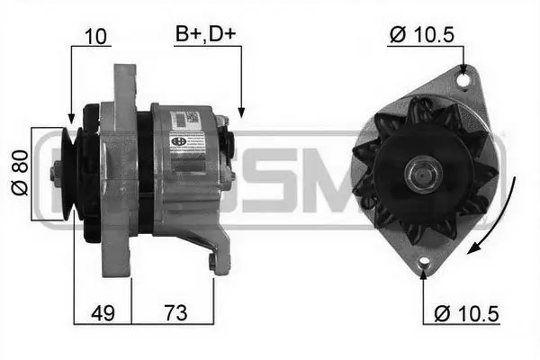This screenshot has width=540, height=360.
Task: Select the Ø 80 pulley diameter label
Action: pyautogui.click(x=22, y=174)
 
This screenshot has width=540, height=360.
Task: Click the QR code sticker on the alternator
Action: pyautogui.click(x=191, y=118)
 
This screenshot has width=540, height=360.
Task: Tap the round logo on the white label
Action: pyautogui.click(x=176, y=139)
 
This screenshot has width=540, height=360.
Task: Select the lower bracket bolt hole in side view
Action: pyautogui.click(x=212, y=262)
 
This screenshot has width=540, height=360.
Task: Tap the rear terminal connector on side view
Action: pyautogui.click(x=230, y=153)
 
